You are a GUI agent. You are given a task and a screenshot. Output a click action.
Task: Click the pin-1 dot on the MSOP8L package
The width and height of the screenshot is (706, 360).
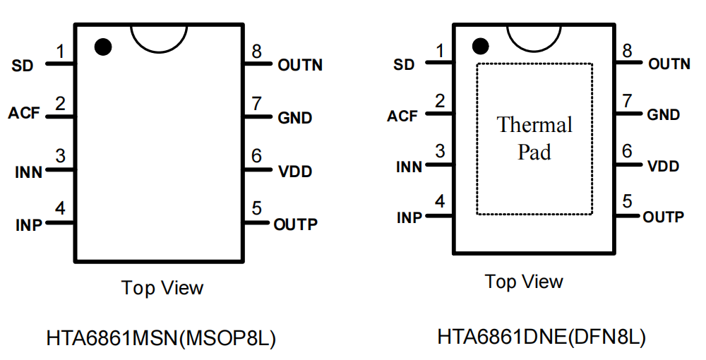click(103, 47)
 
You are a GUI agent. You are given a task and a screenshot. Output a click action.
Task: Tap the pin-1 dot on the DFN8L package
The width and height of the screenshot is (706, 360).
click(481, 47)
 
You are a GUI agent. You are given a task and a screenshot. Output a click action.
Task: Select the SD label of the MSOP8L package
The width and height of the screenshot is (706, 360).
click(23, 66)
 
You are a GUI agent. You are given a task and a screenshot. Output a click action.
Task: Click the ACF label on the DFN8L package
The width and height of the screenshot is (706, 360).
click(402, 116)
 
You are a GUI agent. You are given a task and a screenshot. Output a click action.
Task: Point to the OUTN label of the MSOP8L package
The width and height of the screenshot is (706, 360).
click(300, 65)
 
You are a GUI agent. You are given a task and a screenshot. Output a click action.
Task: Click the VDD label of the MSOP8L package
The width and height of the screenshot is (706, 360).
click(295, 172)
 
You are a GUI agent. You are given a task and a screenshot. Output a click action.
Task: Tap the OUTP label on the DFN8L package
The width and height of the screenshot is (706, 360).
click(663, 217)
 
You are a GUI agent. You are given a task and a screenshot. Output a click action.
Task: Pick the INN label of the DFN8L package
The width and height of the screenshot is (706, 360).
click(409, 167)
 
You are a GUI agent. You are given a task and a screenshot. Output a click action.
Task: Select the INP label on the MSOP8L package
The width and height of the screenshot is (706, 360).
click(29, 225)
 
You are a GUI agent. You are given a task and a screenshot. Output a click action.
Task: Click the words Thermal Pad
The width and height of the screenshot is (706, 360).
click(534, 138)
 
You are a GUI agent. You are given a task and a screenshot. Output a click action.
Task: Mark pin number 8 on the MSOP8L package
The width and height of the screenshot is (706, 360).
click(256, 52)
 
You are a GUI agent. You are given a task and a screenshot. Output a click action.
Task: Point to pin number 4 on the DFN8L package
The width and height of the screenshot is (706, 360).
click(440, 203)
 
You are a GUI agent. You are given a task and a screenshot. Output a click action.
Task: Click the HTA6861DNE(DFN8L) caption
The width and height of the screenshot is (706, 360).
click(542, 337)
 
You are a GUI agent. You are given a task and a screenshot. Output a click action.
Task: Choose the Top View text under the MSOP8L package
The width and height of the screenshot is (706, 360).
click(162, 288)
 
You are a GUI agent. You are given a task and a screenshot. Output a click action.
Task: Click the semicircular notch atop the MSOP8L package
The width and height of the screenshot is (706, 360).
click(159, 38)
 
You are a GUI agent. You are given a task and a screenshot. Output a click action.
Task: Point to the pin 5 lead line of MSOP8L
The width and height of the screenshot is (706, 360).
click(258, 223)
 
